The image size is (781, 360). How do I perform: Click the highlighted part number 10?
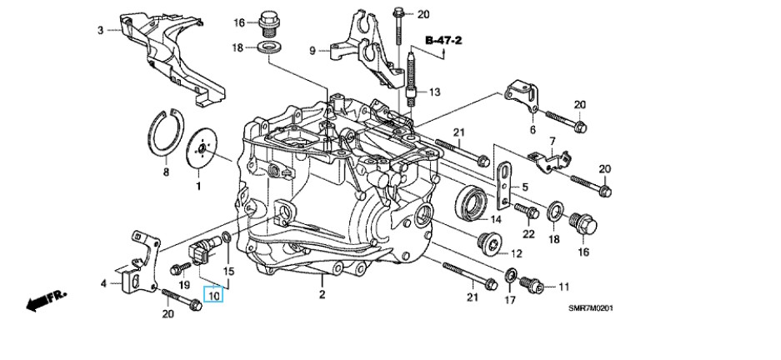[x=214, y=295]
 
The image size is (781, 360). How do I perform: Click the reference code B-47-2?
[x=443, y=40]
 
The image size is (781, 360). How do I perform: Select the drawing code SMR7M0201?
[x=591, y=308]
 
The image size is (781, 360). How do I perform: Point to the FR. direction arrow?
[x=47, y=301]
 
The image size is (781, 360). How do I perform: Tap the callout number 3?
[x=101, y=31]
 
